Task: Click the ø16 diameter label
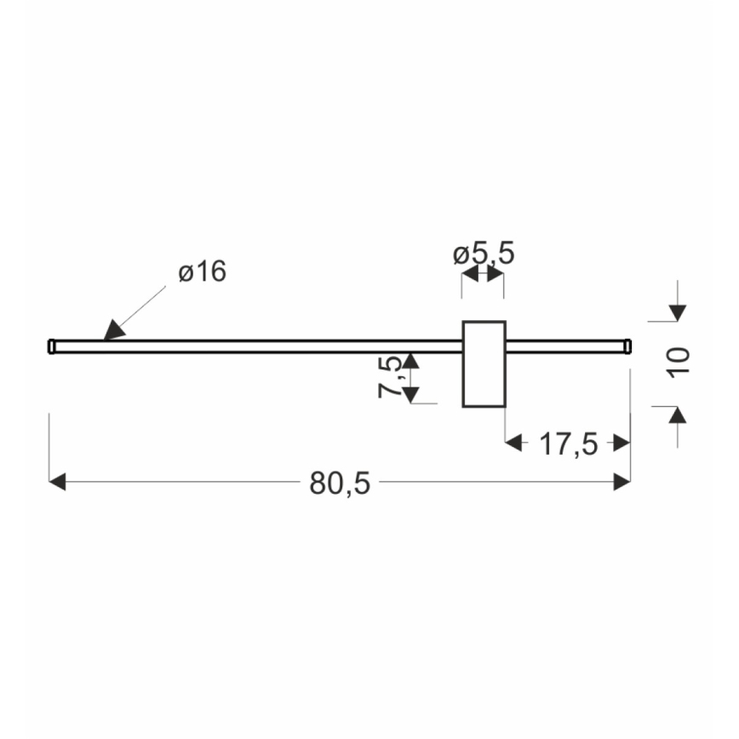tap(203, 272)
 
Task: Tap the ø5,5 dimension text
tap(484, 254)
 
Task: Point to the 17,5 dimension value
tap(569, 443)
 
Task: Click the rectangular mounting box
tap(484, 364)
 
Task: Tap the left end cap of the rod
tap(51, 346)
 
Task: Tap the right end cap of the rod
tap(627, 345)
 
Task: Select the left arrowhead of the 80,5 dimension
tap(57, 483)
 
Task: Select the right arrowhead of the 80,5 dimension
tap(622, 483)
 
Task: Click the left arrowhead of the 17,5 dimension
tap(513, 443)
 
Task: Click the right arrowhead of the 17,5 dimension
tap(622, 443)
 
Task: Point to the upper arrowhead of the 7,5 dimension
tap(410, 360)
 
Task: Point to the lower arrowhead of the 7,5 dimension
tap(410, 394)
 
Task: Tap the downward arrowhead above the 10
tap(677, 312)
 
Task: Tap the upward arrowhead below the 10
tap(677, 415)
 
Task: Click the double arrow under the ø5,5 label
tap(483, 274)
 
